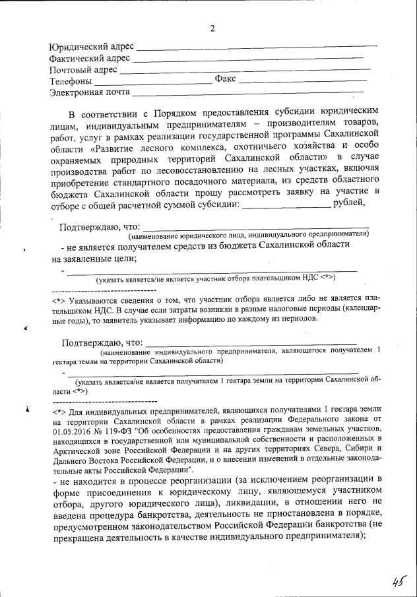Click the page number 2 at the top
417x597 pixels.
tap(212, 28)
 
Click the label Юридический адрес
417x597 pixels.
tap(91, 47)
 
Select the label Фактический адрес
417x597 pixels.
tap(90, 58)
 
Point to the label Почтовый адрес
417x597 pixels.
tap(83, 69)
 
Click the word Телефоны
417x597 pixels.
tap(71, 81)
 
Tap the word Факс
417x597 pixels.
tap(225, 80)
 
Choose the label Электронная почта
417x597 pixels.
tap(90, 92)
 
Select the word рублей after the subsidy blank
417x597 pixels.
tap(350, 203)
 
